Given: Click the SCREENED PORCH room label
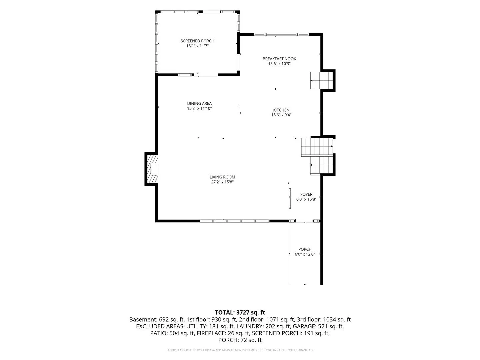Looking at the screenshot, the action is point(197,41).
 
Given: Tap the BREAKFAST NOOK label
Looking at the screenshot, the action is point(279,59).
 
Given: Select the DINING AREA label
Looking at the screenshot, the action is point(199,103).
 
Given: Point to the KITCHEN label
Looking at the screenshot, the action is point(281,110).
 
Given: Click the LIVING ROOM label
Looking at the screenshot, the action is point(222,177).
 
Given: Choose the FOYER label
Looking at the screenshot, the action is point(306,194).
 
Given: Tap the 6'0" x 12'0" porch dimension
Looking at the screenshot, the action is point(305,254).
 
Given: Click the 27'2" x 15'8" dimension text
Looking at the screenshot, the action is point(222,182).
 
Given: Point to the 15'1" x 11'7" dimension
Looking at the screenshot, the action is point(197,46).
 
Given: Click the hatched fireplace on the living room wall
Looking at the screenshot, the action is point(152,169).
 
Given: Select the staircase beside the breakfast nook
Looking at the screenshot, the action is point(321,81).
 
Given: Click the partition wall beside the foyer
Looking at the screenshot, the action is point(290,198).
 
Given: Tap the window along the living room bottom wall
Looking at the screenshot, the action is point(234,221).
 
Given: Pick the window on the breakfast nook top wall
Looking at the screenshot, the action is point(281,34).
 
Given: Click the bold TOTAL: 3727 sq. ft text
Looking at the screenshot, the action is point(240,313).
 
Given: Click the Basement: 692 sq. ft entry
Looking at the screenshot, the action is point(157,320).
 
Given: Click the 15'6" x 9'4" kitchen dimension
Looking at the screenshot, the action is point(281,115).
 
